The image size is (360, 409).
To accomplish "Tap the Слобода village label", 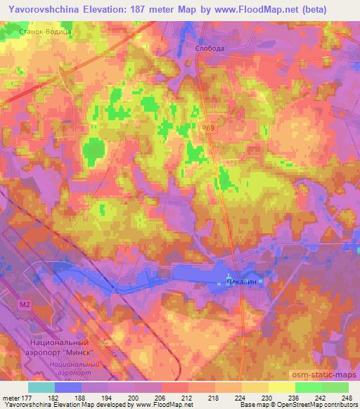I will (210, 48).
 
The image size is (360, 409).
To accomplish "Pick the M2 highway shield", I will (25, 304).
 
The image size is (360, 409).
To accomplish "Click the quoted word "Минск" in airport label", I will (89, 351).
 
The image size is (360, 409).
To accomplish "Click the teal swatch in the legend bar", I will (41, 387).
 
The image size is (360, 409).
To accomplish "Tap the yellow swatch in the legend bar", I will (282, 387).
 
